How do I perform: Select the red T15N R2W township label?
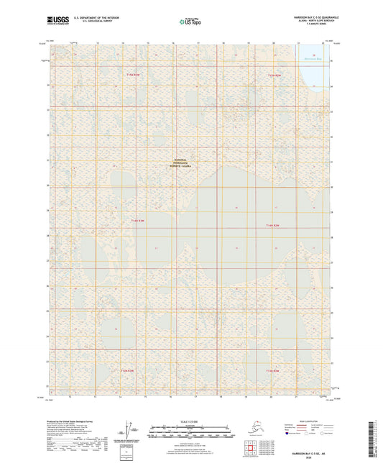[x=274, y=74]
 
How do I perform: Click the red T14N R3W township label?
[x=137, y=221]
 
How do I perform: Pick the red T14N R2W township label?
[x=271, y=225]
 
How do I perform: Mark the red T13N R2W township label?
[x=271, y=370]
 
